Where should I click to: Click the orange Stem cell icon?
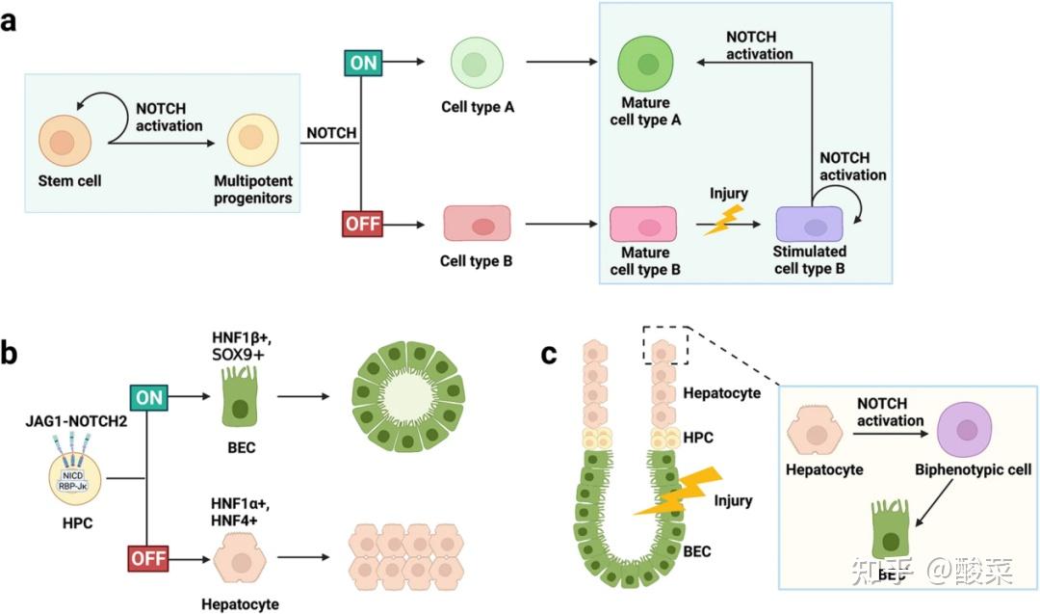(64, 142)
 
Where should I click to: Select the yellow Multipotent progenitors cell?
(253, 140)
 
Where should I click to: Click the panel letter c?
(550, 355)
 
